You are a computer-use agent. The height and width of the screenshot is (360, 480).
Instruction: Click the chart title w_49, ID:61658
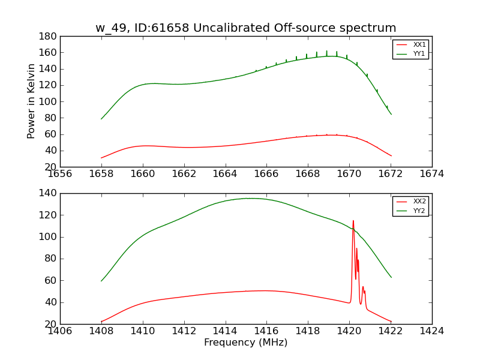(x=245, y=28)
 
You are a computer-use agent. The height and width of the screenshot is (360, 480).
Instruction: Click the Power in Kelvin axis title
(x=31, y=101)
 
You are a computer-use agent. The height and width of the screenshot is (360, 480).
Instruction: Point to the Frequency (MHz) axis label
(x=245, y=343)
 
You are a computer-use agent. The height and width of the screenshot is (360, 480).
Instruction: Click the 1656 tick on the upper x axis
(x=60, y=174)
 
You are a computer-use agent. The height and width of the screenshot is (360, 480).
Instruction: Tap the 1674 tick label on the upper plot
(x=431, y=174)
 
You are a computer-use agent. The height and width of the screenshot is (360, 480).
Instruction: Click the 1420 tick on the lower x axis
(x=349, y=331)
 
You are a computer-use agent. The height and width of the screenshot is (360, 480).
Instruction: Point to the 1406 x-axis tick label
(x=60, y=331)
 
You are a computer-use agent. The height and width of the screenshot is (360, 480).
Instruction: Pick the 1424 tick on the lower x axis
(x=431, y=331)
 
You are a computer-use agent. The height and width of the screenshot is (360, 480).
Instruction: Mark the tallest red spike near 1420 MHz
(x=353, y=221)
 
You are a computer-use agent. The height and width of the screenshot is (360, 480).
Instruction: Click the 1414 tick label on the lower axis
(x=225, y=331)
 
